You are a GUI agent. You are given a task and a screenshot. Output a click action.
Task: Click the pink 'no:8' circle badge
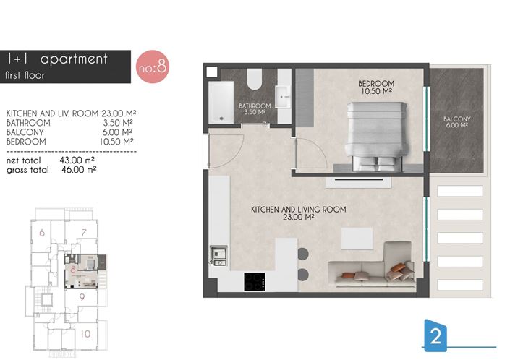151,67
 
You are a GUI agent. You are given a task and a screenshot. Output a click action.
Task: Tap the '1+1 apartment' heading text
56,59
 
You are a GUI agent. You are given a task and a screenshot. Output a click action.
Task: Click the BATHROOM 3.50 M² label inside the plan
255,109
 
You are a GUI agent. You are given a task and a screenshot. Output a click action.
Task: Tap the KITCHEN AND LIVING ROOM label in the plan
298,213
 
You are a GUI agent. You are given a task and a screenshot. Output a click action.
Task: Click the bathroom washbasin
282,95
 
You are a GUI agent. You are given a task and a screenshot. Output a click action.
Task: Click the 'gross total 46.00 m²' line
51,170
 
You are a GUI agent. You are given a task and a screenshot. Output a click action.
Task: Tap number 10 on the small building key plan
85,333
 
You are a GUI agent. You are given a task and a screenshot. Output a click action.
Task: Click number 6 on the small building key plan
42,233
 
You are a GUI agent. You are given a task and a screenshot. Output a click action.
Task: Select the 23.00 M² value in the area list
117,114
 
